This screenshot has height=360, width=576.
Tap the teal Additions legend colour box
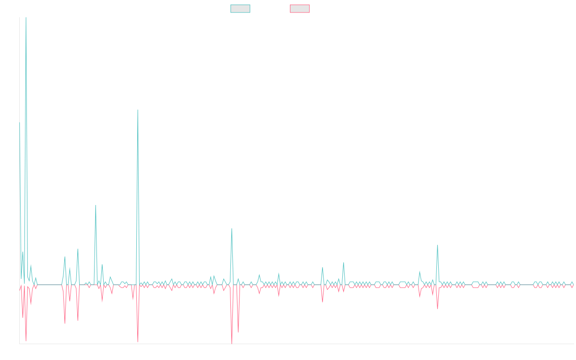(240, 9)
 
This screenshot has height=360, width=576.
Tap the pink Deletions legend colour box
(300, 9)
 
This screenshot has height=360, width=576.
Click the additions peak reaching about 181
(138, 110)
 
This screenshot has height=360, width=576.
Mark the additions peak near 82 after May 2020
(96, 205)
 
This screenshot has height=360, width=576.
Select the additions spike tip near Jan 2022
(231, 228)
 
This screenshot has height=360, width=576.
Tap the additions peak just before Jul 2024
(437, 245)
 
